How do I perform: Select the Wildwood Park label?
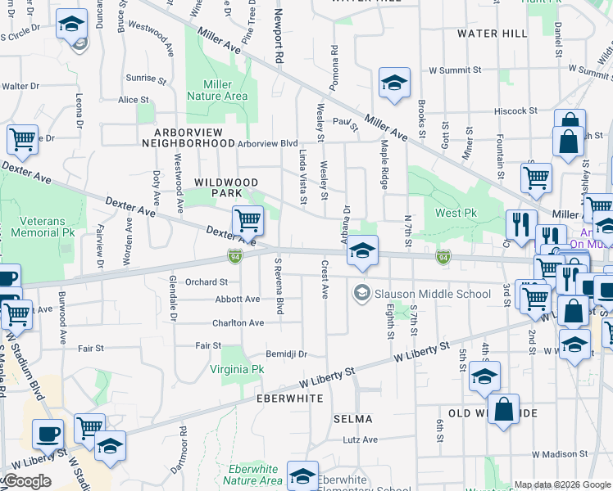tap(226, 187)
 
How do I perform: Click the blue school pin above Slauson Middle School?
tap(361, 252)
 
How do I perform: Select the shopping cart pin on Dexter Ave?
tap(247, 219)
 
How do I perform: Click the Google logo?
tap(27, 481)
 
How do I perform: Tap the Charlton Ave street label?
tap(238, 323)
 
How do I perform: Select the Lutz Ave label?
tap(361, 439)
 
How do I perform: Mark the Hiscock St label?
tap(515, 110)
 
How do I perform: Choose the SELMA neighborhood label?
tap(353, 419)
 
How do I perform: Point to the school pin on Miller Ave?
tap(394, 83)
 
